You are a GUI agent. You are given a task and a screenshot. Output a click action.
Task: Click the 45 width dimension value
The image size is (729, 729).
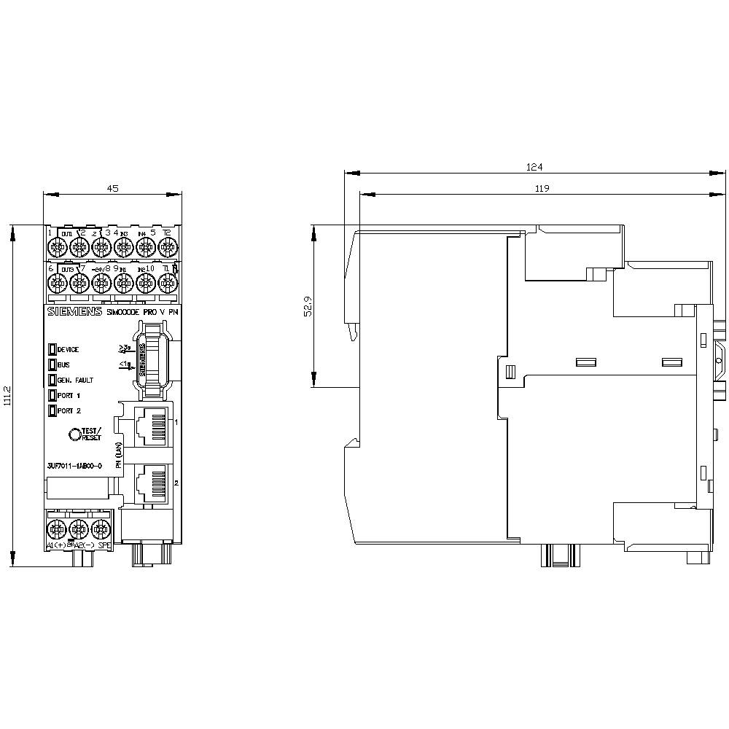pyautogui.click(x=112, y=188)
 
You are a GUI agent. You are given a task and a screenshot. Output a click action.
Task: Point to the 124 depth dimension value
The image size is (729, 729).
pyautogui.click(x=534, y=167)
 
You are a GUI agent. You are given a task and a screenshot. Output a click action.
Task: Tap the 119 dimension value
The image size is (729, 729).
pyautogui.click(x=540, y=188)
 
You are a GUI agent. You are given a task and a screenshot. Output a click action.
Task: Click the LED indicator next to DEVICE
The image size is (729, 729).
pyautogui.click(x=52, y=349)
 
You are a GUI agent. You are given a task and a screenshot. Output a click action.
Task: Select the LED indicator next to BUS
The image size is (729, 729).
pyautogui.click(x=52, y=364)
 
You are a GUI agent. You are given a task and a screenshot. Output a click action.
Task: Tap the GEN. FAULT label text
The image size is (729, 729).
pyautogui.click(x=75, y=380)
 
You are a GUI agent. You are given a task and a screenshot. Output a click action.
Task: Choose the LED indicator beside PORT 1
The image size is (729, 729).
pyautogui.click(x=52, y=395)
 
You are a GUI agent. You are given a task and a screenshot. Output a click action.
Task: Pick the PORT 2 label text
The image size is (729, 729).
pyautogui.click(x=69, y=410)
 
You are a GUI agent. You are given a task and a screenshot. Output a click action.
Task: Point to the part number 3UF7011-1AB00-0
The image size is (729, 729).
pyautogui.click(x=74, y=465)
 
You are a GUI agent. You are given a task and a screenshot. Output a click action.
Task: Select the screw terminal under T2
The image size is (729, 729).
pyautogui.click(x=167, y=249)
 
